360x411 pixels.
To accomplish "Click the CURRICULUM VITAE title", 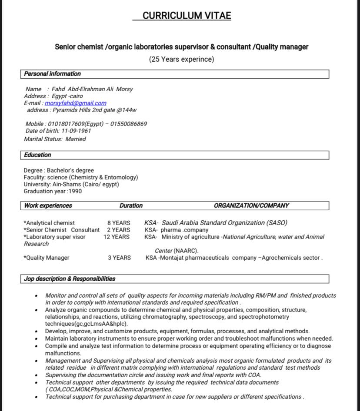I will tap(187, 16).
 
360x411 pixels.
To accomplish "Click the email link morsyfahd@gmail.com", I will tap(75, 103).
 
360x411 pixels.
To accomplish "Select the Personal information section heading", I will tap(52, 74).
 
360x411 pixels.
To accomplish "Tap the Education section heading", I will tap(37, 155).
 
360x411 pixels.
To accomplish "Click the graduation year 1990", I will tap(75, 191).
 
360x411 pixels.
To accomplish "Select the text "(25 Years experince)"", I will tap(181, 59).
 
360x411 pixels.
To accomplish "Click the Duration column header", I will tap(131, 205).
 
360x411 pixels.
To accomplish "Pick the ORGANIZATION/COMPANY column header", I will tap(251, 205).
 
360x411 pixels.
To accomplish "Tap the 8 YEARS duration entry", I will tap(119, 223).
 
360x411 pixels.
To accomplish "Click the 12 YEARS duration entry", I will tap(117, 237).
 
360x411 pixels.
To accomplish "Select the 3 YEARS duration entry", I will tap(119, 258).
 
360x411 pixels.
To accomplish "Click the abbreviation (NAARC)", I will tap(186, 251).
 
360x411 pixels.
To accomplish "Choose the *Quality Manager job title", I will tap(47, 258).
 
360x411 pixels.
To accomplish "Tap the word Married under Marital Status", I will tap(76, 139).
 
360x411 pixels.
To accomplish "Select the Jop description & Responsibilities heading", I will tap(70, 279).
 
